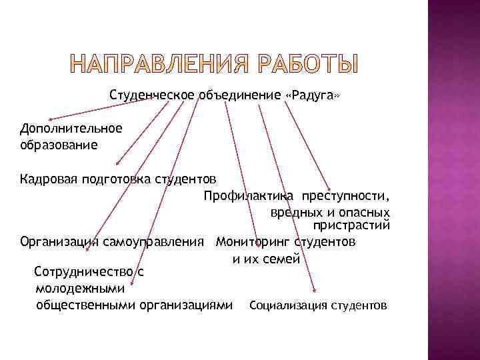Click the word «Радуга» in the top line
point(312,95)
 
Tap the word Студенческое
point(152,95)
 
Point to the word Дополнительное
point(71,128)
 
